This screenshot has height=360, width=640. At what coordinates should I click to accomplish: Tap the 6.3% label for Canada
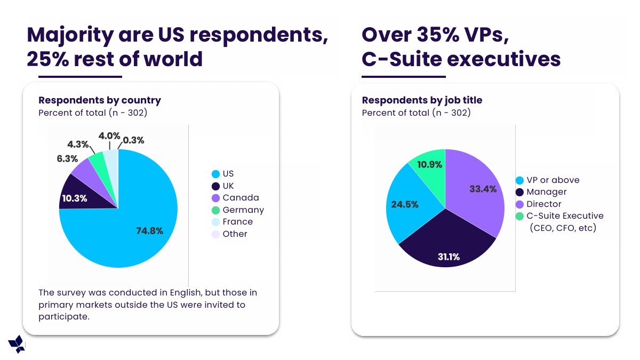coord(67,158)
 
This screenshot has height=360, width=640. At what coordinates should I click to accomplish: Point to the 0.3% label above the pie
coord(133,140)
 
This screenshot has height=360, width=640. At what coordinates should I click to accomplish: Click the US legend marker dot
coord(215,174)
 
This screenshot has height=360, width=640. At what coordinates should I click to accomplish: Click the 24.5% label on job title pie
coord(405,204)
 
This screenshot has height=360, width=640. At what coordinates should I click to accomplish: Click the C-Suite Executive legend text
coord(565,216)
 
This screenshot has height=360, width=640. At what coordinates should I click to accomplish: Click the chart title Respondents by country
coord(100,100)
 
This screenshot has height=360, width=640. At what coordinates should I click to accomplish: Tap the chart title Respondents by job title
coord(422,100)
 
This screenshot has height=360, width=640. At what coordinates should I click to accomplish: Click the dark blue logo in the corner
coord(17,344)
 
